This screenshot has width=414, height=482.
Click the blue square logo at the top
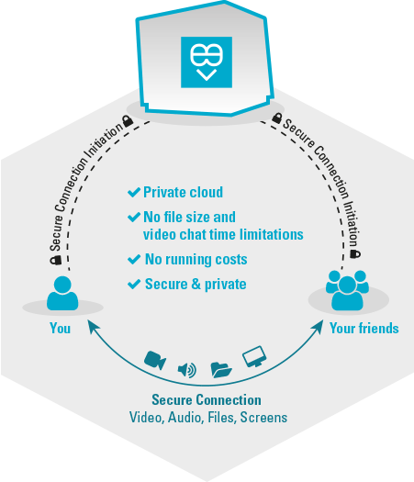click(x=207, y=62)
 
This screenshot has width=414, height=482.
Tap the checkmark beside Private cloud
click(x=134, y=193)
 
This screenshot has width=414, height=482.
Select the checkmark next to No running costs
click(x=134, y=260)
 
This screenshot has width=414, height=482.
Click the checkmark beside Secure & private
click(x=134, y=284)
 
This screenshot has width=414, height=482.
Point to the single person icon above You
click(x=62, y=293)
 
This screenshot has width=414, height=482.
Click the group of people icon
click(x=347, y=290)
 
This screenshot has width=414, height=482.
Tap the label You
click(x=61, y=329)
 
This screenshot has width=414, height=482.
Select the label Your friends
click(x=364, y=329)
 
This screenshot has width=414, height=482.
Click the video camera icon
click(x=155, y=360)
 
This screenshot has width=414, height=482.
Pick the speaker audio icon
click(x=187, y=370)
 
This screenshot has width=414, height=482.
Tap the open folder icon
click(x=221, y=370)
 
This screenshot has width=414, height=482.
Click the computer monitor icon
click(x=254, y=356)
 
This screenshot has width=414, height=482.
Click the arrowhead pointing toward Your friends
click(x=319, y=327)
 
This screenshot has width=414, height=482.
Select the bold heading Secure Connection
click(x=207, y=400)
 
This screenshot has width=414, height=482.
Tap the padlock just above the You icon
click(x=56, y=261)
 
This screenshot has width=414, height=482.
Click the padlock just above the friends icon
click(x=355, y=254)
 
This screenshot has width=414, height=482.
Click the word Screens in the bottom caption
click(x=263, y=418)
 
